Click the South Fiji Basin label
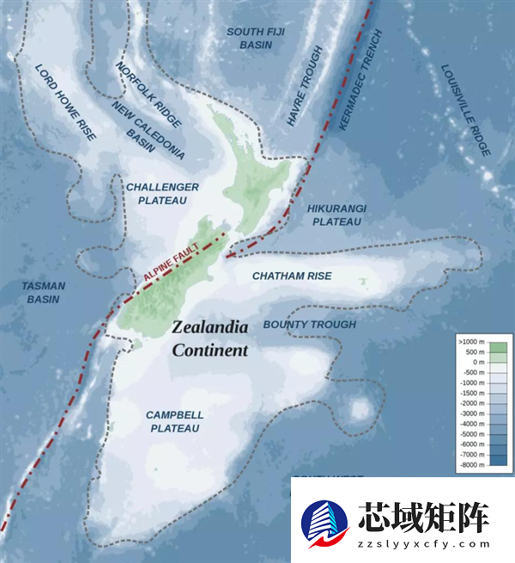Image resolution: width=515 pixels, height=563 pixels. [256, 38]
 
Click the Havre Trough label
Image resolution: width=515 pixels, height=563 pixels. [303, 100]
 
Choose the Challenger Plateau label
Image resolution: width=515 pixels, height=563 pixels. [163, 193]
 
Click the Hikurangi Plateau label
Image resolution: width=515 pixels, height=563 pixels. [337, 215]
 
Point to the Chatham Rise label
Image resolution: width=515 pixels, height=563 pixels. [292, 276]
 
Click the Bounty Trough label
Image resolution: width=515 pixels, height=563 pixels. [309, 324]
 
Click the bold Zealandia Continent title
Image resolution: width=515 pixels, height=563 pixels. [209, 338]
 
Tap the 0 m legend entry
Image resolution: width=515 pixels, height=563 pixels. [475, 362]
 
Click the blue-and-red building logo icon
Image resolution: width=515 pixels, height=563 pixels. [325, 524]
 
